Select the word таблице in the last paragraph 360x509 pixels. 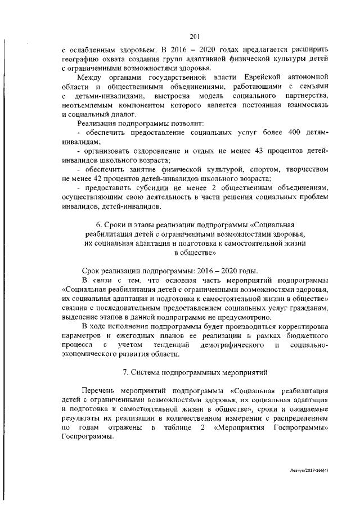[x=173, y=428]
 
